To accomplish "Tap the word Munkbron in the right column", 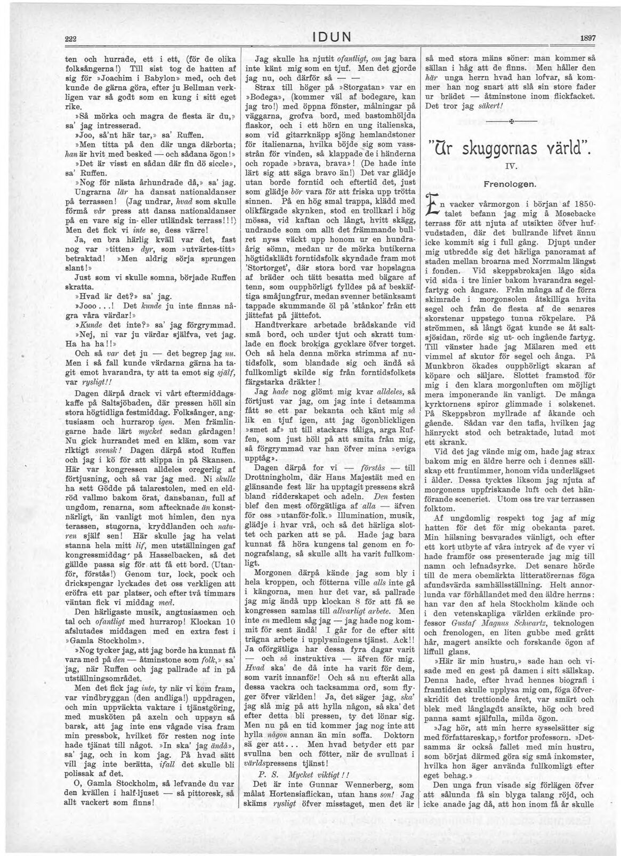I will coord(442,367).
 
